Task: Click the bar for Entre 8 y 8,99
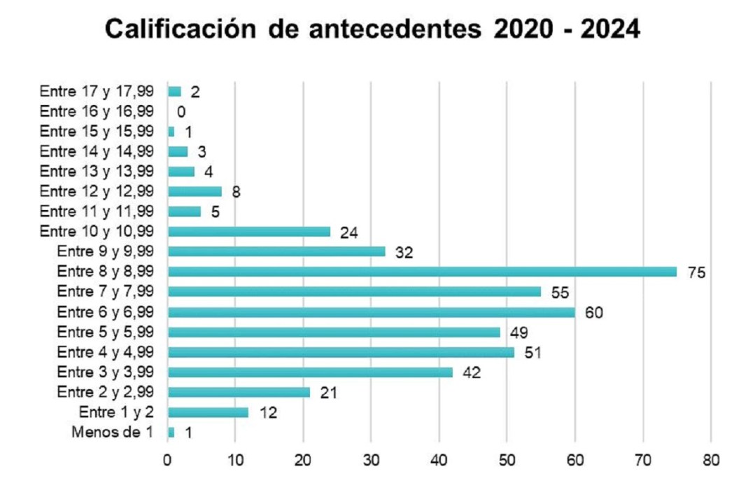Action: click(x=422, y=272)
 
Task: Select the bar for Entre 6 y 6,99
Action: click(x=371, y=312)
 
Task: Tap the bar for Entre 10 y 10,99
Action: click(x=249, y=232)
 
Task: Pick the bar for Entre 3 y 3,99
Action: click(x=310, y=372)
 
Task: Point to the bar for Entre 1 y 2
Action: click(x=208, y=413)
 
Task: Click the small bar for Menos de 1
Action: click(x=171, y=433)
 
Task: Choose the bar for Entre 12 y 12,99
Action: click(x=195, y=191)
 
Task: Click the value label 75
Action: click(x=696, y=272)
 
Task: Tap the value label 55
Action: click(x=560, y=293)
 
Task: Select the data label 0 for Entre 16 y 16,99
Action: click(x=181, y=112)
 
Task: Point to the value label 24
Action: click(x=349, y=232)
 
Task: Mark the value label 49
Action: click(x=518, y=332)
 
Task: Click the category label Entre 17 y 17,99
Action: click(x=97, y=91)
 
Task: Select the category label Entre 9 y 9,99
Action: click(x=106, y=252)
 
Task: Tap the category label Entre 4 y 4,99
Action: click(x=106, y=352)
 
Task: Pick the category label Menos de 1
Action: click(x=112, y=433)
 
